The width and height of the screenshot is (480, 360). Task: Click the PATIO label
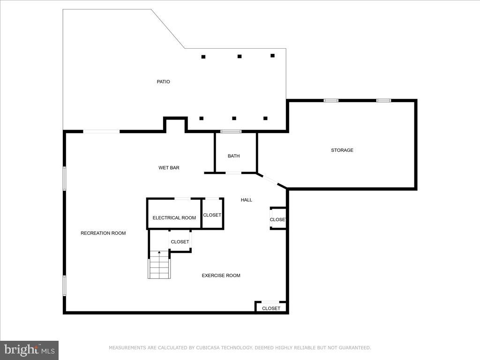click(163, 82)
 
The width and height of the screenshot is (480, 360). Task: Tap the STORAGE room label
click(342, 150)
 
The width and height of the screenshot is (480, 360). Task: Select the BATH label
click(233, 156)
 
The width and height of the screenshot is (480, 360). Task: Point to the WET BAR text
click(169, 168)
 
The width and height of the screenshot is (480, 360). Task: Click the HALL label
click(247, 200)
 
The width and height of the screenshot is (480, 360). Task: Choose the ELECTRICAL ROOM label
click(174, 218)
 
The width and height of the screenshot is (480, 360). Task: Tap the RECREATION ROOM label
click(103, 233)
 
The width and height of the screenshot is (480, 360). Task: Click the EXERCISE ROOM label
click(221, 276)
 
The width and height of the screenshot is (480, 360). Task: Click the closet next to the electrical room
click(212, 215)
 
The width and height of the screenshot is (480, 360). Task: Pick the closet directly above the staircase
click(180, 242)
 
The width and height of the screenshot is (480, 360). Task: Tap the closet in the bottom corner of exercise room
click(271, 308)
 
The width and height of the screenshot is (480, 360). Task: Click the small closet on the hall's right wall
click(278, 219)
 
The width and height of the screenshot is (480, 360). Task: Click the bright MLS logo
click(29, 350)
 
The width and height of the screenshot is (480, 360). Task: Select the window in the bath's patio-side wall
click(231, 131)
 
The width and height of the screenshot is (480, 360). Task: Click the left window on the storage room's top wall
click(331, 100)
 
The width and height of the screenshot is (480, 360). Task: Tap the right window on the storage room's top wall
click(383, 100)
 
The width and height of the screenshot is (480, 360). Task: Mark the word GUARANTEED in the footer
click(355, 348)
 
